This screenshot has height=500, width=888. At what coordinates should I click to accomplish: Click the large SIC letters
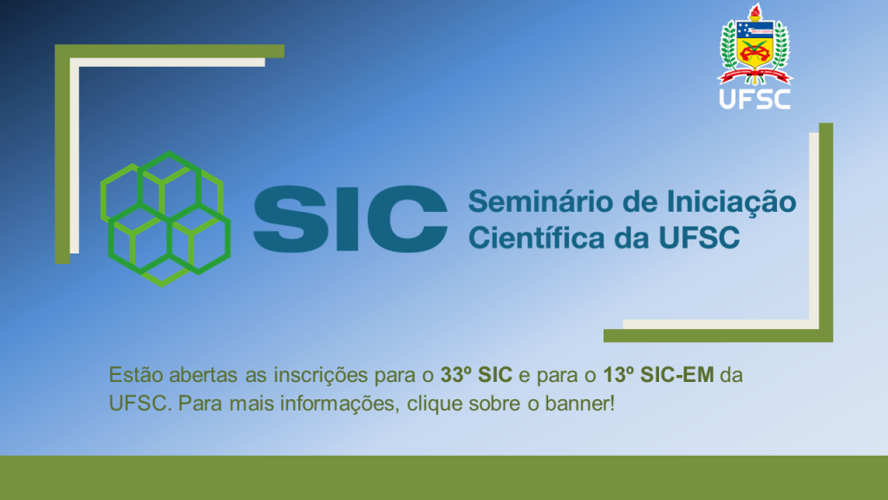(350, 219)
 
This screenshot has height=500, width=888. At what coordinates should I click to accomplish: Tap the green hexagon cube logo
(166, 219)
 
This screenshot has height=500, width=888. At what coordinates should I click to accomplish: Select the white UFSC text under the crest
(755, 99)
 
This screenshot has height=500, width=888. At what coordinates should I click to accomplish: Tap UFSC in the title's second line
(700, 238)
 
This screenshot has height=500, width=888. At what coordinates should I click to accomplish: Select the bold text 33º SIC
(476, 375)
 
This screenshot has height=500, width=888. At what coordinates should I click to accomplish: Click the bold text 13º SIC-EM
(658, 375)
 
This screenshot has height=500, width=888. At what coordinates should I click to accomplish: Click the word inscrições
(321, 376)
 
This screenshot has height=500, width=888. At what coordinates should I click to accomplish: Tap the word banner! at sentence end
(579, 404)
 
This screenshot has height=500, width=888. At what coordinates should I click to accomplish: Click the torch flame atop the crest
(754, 11)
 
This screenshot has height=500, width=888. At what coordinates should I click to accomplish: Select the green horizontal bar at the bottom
(444, 477)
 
